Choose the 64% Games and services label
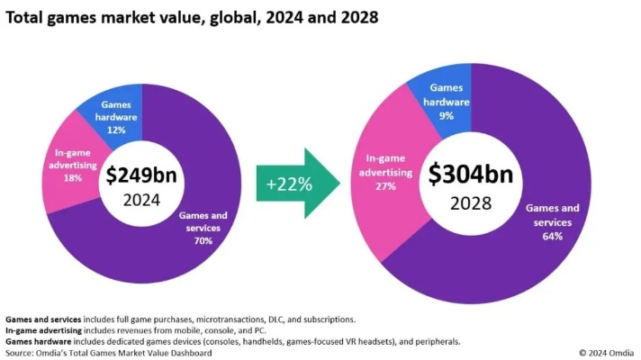[552, 236]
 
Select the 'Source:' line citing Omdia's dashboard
[108, 352]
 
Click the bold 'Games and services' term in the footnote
[44, 319]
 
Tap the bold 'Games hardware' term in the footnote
[37, 341]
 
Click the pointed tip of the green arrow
[339, 184]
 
